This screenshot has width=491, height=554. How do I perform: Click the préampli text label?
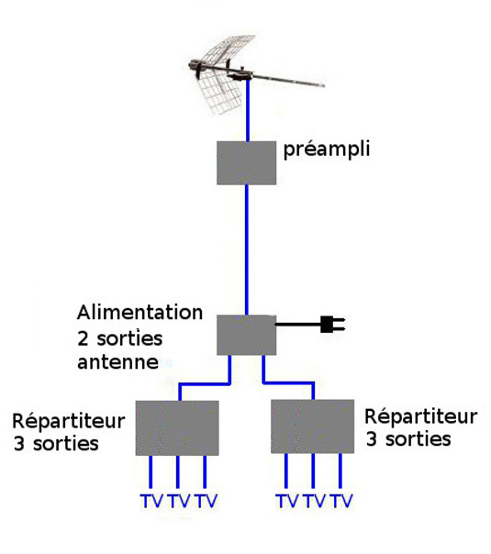tap(327, 150)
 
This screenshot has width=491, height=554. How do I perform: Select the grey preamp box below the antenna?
tap(246, 163)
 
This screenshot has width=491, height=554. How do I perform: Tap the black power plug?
tap(332, 324)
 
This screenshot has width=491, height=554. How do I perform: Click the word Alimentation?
tap(140, 313)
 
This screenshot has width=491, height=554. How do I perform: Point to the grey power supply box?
tap(246, 335)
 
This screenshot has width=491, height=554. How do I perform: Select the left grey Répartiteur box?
tap(177, 427)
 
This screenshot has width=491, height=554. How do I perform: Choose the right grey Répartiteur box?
tap(312, 427)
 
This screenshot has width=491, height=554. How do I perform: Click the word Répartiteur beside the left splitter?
tap(69, 421)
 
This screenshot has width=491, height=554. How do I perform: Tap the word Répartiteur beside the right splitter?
tap(420, 416)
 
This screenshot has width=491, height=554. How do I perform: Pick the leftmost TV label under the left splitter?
tap(151, 501)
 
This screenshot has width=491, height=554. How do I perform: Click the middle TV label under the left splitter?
tap(179, 501)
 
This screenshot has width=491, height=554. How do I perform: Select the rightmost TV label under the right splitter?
tap(341, 501)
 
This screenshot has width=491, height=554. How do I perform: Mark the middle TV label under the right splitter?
tap(315, 501)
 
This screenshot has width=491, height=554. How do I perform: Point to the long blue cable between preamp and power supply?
tap(247, 249)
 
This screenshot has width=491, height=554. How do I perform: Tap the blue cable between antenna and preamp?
tap(248, 110)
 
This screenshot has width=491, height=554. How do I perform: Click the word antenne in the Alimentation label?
tap(117, 362)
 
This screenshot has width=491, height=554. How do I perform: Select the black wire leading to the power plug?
tap(298, 324)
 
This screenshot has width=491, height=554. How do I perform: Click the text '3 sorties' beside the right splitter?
tap(408, 439)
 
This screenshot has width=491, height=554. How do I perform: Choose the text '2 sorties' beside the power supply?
tap(120, 338)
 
